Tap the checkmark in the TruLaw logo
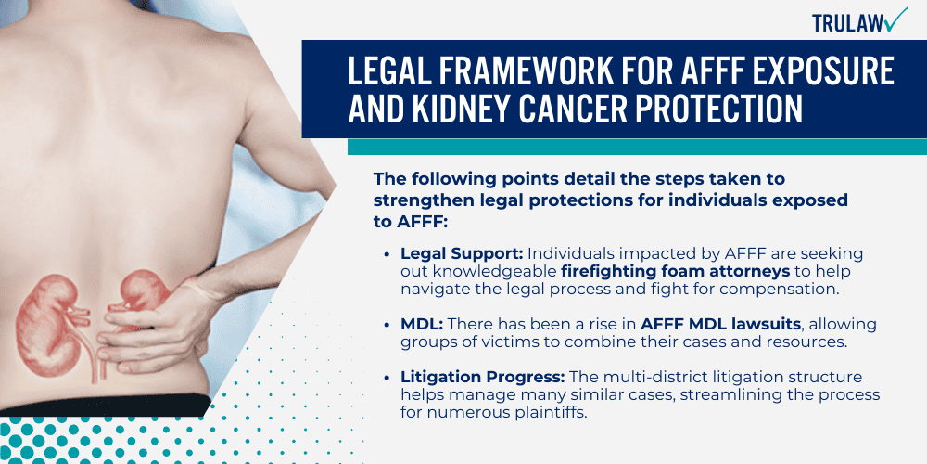click(895, 19)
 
